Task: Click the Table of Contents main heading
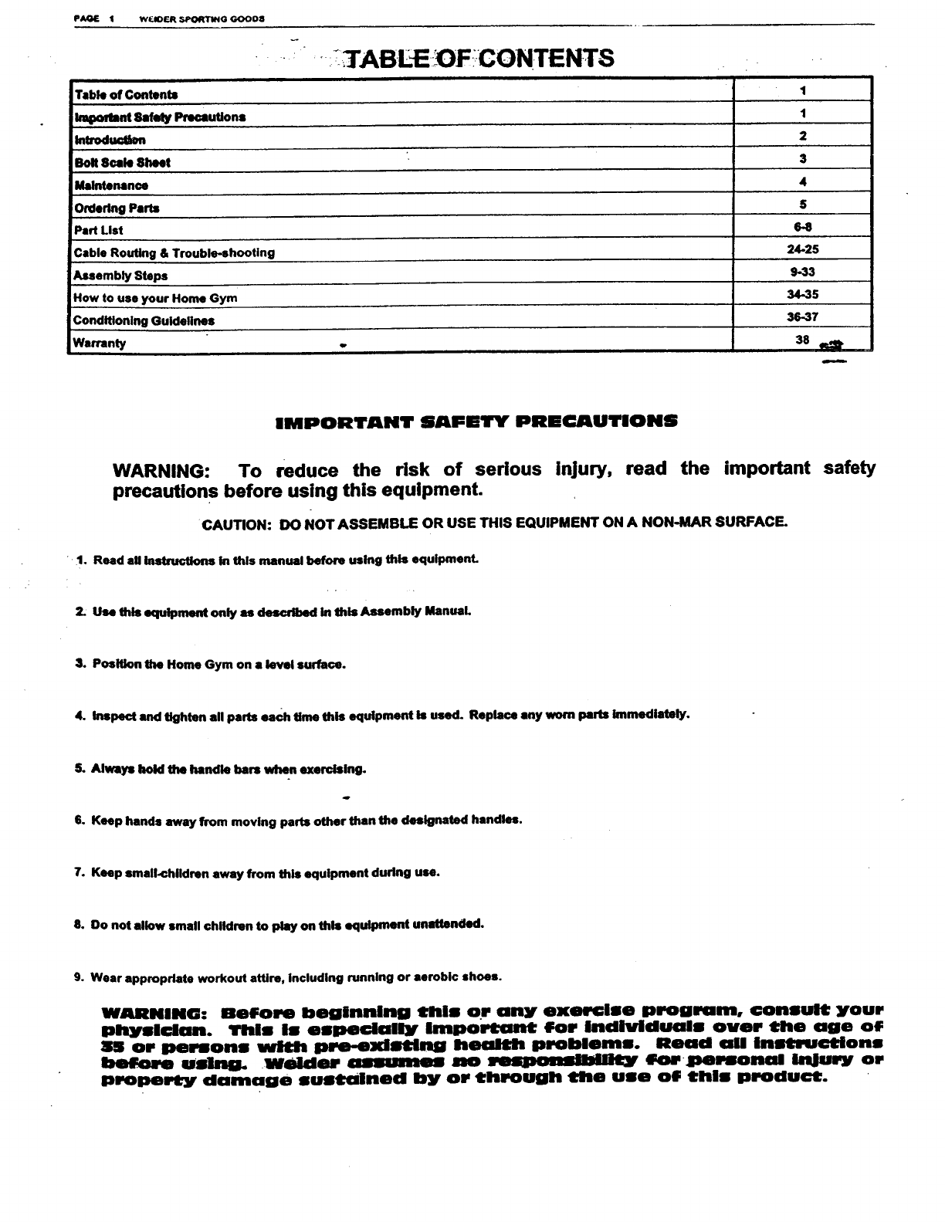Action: pos(479,58)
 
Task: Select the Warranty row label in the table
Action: pos(100,344)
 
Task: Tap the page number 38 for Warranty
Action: pos(802,340)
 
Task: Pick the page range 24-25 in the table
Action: pos(803,249)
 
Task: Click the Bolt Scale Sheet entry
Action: pos(122,163)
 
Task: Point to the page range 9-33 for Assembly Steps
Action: pos(802,272)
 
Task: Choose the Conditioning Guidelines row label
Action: pos(144,320)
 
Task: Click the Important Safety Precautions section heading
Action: pos(476,421)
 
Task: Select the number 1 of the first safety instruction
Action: pos(80,560)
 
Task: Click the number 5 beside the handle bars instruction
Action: pos(79,769)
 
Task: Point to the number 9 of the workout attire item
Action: pos(79,977)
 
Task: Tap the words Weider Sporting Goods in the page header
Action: pos(202,18)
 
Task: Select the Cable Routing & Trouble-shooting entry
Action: pos(174,253)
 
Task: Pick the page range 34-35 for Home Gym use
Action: pos(802,294)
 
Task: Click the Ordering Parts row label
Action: pos(117,208)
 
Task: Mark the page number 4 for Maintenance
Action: pos(803,182)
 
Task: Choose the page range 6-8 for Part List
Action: pos(803,227)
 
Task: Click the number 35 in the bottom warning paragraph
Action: pos(113,1047)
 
